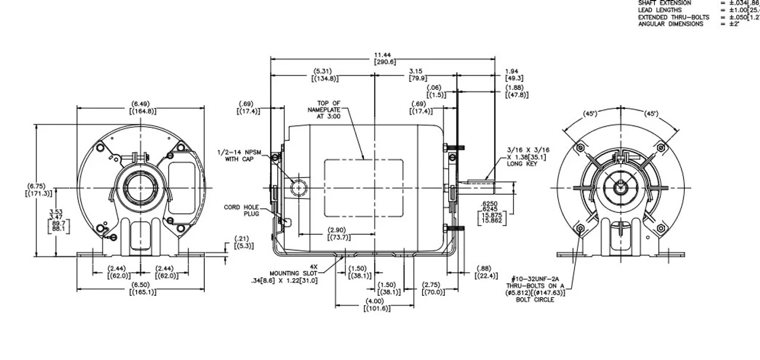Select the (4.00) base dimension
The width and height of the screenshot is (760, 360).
(x=374, y=305)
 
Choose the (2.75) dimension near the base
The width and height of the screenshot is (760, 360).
(x=436, y=289)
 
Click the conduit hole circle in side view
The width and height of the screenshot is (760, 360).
(x=297, y=188)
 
